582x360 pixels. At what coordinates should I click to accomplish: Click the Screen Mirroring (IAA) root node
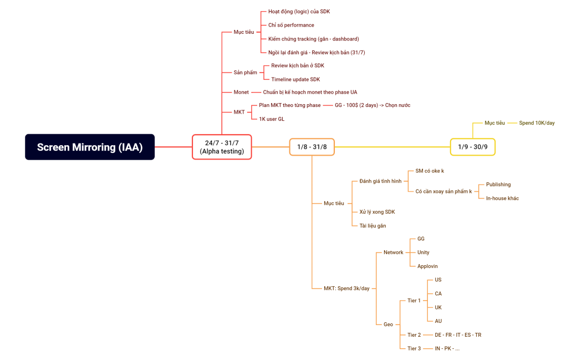click(90, 147)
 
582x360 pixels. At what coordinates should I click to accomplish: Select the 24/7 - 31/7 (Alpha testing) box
click(222, 147)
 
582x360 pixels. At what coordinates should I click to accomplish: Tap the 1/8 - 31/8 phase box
click(312, 147)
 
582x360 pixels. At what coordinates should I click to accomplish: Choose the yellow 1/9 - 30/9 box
click(472, 147)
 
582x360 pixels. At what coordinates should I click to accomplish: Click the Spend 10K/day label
click(536, 123)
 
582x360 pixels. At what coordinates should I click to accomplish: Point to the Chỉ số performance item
click(291, 25)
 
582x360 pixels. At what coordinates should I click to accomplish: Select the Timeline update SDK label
click(295, 79)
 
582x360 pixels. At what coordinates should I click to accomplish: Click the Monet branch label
click(241, 92)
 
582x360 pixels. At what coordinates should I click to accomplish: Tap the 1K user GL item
click(272, 119)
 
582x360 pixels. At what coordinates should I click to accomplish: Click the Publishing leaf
click(498, 184)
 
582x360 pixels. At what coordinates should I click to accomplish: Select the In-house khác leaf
click(502, 198)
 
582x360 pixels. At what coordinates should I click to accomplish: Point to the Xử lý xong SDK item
click(377, 212)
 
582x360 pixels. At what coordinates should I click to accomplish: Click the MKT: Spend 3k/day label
click(346, 288)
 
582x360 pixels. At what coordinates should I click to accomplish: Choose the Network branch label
click(394, 252)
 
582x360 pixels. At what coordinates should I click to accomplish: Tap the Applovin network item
click(428, 266)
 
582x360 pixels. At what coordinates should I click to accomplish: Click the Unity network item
click(423, 252)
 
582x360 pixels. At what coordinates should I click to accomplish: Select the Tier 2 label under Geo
click(414, 335)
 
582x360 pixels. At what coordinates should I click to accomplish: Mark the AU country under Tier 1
click(438, 321)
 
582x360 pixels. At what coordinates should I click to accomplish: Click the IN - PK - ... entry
click(447, 348)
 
